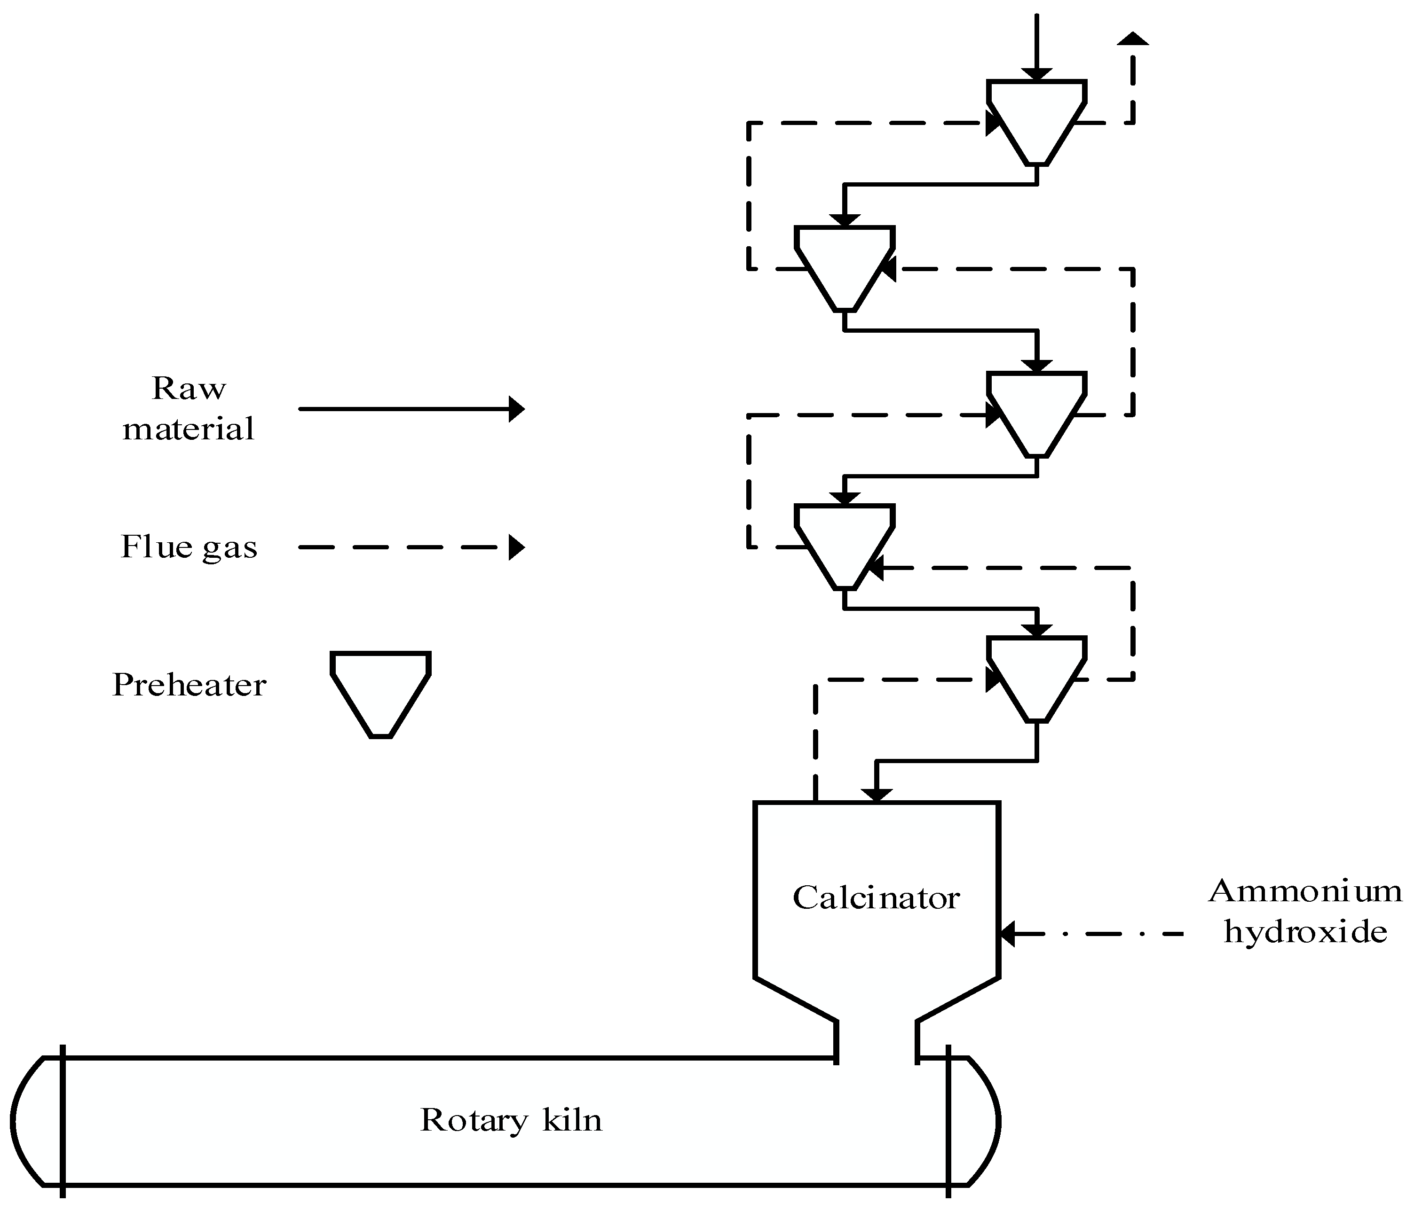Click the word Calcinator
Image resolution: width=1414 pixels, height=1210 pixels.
(x=876, y=898)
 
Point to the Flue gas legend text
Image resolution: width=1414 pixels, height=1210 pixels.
(x=189, y=547)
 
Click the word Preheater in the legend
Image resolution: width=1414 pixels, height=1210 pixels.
(x=189, y=685)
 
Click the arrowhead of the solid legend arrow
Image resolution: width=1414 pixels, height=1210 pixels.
(x=517, y=409)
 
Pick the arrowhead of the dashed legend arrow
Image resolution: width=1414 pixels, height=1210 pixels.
(x=517, y=547)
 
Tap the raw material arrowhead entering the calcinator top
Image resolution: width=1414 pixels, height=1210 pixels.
(x=876, y=795)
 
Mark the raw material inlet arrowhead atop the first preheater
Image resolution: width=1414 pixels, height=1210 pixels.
(x=1036, y=74)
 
